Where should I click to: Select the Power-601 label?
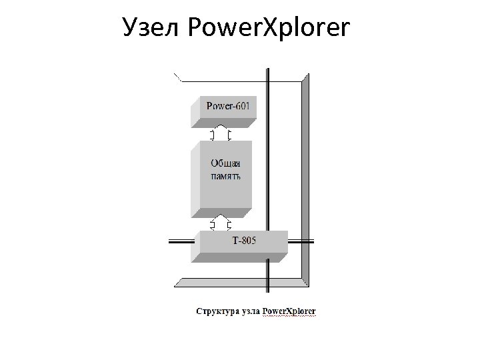[228, 106]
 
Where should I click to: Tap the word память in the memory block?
[225, 176]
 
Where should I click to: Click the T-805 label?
[244, 239]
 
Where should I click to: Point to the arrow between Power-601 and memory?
[220, 133]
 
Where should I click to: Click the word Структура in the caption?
[217, 311]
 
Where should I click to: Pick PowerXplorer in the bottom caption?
[289, 311]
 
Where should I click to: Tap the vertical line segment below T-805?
[268, 277]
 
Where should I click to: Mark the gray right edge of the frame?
[306, 180]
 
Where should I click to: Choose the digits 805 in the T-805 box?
[248, 239]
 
